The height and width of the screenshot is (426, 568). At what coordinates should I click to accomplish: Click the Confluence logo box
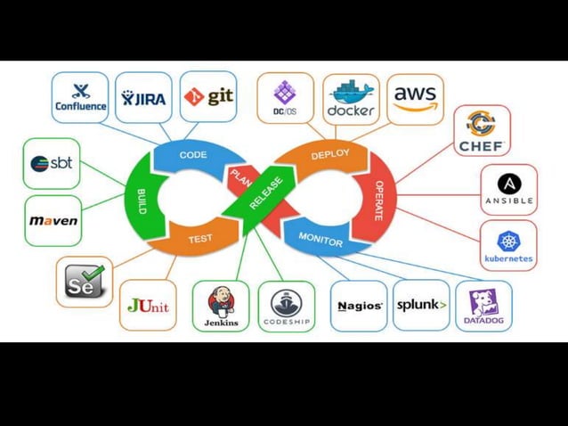80,97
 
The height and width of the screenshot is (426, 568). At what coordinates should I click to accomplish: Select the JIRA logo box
143,97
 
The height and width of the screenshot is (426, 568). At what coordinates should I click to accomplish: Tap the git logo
208,96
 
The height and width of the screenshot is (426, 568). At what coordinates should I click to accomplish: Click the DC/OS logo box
285,98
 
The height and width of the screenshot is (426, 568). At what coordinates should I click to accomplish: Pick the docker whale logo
351,98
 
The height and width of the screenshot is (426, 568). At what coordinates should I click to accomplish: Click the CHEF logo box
482,130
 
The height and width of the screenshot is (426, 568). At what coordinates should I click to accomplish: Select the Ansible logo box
508,189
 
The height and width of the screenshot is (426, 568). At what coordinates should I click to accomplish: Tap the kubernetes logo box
508,246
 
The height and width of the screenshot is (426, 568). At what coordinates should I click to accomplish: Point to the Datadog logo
483,306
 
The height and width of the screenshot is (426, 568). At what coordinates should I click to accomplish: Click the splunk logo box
421,305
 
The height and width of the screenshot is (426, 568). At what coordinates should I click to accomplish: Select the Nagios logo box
359,306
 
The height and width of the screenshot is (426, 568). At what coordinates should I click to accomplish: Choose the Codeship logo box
286,307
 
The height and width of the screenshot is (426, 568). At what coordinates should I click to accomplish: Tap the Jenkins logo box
221,307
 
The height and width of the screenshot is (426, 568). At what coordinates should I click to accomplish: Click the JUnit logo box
148,305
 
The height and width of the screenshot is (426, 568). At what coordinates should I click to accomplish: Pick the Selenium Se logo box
85,282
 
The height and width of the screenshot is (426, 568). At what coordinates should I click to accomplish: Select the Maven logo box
53,220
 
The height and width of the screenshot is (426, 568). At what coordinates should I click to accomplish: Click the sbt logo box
52,163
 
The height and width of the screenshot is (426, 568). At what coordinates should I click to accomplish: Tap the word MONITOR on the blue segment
321,238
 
